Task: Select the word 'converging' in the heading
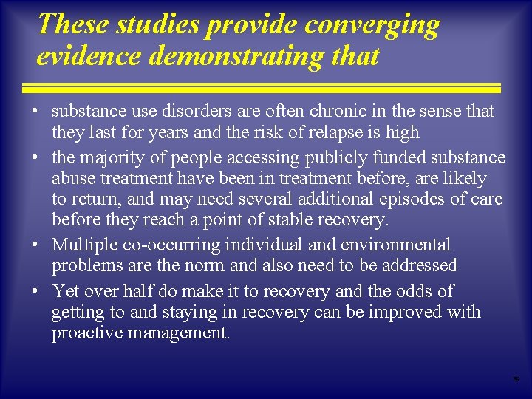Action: point(372,25)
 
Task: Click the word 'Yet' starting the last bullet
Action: point(65,291)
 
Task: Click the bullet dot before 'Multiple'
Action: point(35,245)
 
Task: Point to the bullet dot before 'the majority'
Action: point(35,158)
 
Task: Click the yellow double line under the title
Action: point(265,88)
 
